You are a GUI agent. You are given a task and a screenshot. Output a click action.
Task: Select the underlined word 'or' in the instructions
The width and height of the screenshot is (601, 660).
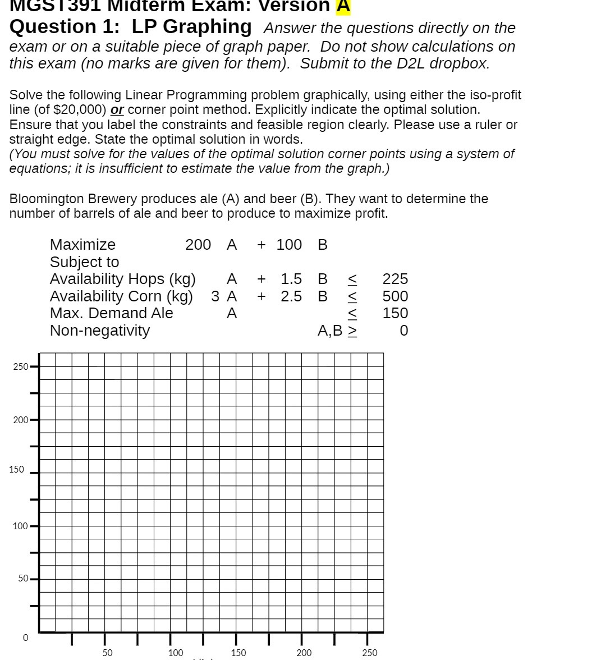pyautogui.click(x=117, y=109)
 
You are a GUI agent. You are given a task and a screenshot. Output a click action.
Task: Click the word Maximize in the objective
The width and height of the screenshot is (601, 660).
pyautogui.click(x=82, y=245)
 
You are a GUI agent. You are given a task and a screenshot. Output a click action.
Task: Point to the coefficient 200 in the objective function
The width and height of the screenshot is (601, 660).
pyautogui.click(x=198, y=245)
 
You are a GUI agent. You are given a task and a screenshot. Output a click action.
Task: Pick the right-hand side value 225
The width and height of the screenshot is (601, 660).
pyautogui.click(x=395, y=279)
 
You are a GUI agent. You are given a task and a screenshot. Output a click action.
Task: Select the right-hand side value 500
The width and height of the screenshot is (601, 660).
pyautogui.click(x=395, y=296)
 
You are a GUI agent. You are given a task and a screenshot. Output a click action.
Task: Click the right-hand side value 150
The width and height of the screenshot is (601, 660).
pyautogui.click(x=395, y=313)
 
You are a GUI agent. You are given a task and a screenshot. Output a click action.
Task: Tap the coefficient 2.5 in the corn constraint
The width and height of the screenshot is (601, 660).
pyautogui.click(x=291, y=296)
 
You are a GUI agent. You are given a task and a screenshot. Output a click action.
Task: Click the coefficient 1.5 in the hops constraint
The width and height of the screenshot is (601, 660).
pyautogui.click(x=291, y=279)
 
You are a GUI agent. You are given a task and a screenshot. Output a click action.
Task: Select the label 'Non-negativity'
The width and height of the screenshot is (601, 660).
pyautogui.click(x=100, y=331)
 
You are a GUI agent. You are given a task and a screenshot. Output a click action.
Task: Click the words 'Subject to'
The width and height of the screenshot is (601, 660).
pyautogui.click(x=84, y=262)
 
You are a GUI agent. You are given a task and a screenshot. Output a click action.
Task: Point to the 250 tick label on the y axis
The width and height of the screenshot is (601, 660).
pyautogui.click(x=20, y=367)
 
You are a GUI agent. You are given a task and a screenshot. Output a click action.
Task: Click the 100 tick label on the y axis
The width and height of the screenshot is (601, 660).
pyautogui.click(x=20, y=526)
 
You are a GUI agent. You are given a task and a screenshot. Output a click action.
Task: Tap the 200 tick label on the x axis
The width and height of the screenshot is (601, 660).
pyautogui.click(x=304, y=653)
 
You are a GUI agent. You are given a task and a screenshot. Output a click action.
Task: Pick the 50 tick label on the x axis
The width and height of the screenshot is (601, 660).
pyautogui.click(x=107, y=653)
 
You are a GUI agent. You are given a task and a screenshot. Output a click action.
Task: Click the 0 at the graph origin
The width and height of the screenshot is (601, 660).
pyautogui.click(x=25, y=638)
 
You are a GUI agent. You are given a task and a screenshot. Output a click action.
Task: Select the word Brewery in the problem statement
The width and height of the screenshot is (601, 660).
pyautogui.click(x=114, y=199)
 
